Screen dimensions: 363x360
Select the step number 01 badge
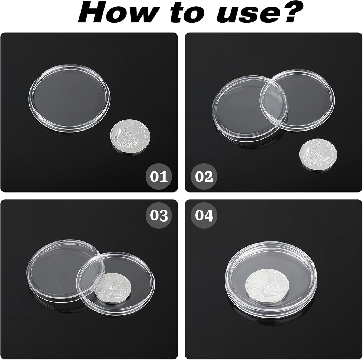[159, 177]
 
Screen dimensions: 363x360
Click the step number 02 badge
[204, 177]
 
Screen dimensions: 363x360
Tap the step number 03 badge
[159, 215]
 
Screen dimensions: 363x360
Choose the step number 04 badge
[204, 215]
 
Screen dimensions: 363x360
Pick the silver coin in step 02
[318, 154]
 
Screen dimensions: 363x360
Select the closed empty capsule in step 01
[69, 98]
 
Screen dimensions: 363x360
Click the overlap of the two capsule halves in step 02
[273, 104]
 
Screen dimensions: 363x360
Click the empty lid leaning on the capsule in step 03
[66, 270]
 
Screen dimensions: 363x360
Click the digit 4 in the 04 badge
[209, 216]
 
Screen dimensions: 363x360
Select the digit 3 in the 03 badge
[164, 216]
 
